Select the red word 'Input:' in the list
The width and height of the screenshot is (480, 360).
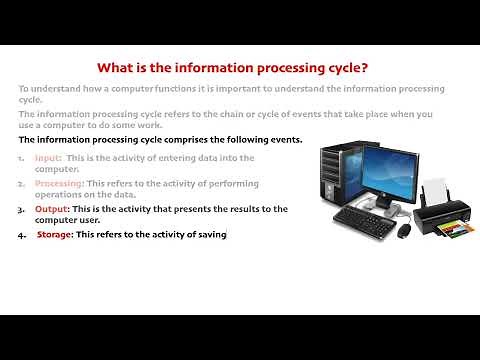48,158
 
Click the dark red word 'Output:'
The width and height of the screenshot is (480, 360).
53,209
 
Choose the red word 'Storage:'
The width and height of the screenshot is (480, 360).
55,234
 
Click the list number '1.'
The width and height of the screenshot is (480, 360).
22,158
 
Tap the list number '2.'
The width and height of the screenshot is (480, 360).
22,184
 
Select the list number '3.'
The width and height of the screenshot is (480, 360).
22,209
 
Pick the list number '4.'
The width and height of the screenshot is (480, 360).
22,234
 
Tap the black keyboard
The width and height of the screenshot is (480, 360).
361,221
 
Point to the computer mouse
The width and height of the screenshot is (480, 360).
403,229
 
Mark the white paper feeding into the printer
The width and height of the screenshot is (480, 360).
435,191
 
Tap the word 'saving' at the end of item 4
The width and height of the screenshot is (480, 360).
212,234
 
